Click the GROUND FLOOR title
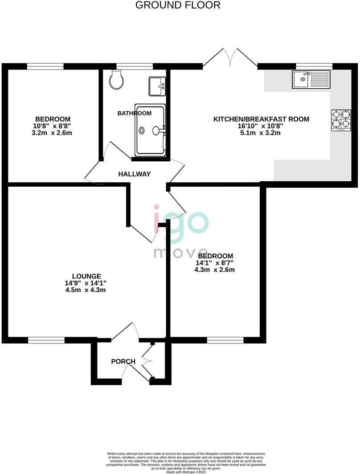178,5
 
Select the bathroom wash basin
157,86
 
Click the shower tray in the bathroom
150,131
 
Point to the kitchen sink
311,80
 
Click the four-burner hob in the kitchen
341,120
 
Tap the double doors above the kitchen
230,58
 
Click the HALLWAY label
135,174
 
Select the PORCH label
123,361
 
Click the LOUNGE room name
86,276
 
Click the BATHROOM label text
134,113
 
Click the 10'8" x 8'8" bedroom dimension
53,126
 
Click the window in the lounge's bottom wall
46,340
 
